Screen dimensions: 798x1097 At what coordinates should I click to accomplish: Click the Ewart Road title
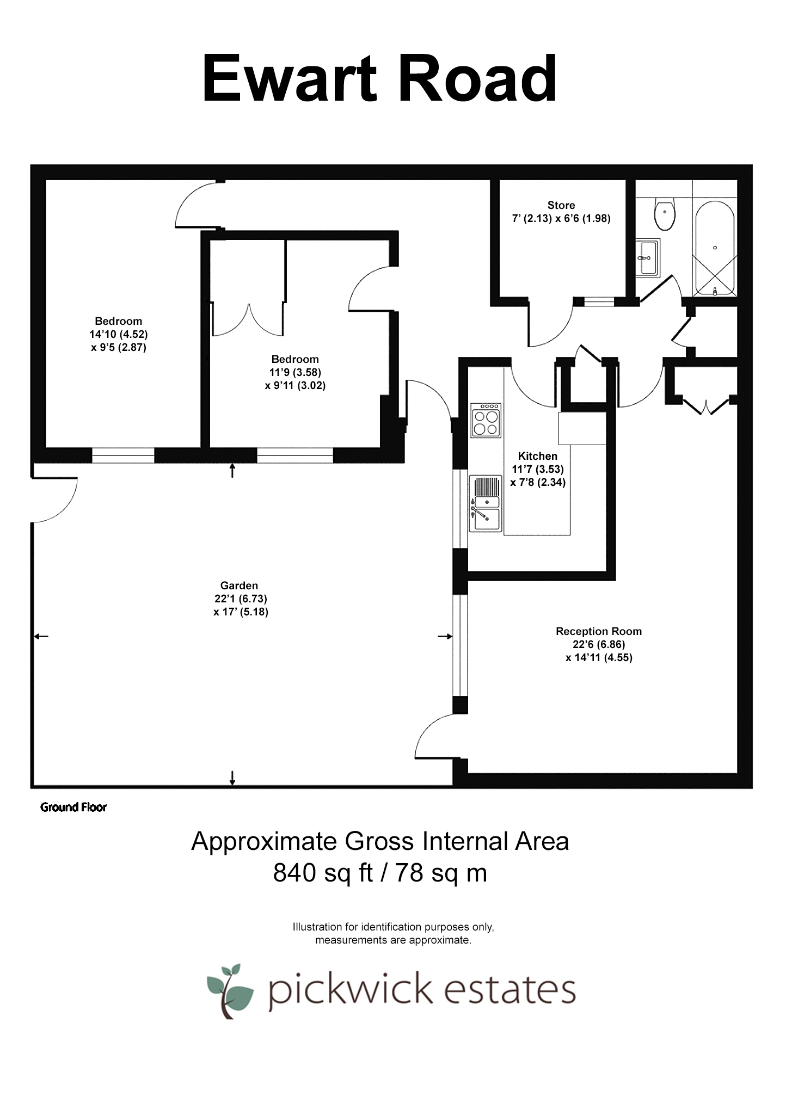380,79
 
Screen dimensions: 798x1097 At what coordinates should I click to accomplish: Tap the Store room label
561,205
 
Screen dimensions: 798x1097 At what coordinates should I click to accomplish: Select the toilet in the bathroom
665,213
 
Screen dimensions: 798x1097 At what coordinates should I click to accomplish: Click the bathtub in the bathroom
715,248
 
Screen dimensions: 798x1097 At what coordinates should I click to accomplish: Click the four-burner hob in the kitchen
486,420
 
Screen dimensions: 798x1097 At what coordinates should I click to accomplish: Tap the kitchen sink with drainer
486,503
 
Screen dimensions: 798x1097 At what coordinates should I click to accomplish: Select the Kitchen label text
537,456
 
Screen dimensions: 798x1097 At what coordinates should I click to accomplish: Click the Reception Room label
598,631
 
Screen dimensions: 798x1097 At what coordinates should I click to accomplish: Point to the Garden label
239,586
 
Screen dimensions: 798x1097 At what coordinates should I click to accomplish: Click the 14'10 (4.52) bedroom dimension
119,334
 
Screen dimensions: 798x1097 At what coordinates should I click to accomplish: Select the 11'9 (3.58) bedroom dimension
295,372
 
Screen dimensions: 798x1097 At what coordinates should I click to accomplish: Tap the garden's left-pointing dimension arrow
41,636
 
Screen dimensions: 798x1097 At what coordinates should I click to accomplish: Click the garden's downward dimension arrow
232,778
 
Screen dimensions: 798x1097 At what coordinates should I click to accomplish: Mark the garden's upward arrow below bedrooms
232,470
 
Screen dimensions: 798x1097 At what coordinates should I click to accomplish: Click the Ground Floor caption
73,808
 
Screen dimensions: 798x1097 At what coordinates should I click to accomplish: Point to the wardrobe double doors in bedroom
248,321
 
